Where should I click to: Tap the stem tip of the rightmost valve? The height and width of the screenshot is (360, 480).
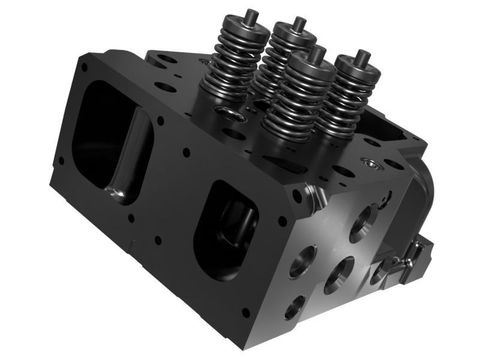(362, 55)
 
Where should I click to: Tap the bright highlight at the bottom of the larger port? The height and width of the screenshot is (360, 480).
(118, 192)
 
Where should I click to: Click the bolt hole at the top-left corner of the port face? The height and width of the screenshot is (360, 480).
(84, 67)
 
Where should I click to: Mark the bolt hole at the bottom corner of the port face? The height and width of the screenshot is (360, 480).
(245, 312)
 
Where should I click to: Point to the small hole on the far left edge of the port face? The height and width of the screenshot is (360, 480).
(61, 160)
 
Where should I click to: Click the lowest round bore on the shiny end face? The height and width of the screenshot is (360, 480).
(295, 306)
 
